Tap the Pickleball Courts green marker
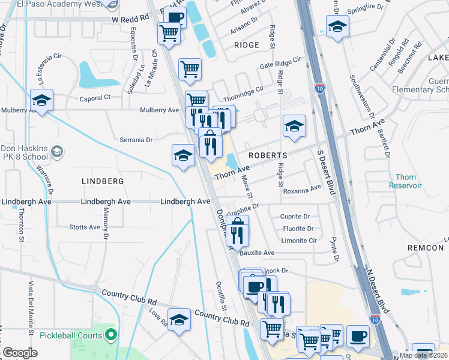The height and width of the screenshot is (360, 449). tap(110, 334)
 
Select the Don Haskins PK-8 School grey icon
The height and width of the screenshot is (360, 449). tap(58, 151)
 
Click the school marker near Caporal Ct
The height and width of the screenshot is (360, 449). tap(42, 100)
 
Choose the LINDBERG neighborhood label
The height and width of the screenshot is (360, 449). tap(103, 181)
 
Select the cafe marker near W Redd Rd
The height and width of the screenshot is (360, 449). tap(175, 18)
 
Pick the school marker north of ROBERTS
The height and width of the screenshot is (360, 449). tap(294, 126)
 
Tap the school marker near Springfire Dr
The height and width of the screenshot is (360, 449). tap(337, 26)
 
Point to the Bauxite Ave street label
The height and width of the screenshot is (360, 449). tap(257, 253)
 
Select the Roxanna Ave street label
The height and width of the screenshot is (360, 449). tap(303, 190)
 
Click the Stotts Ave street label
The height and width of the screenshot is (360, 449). tap(85, 227)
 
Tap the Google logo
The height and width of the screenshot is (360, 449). tap(20, 353)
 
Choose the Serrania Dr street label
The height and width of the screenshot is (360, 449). tap(136, 140)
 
